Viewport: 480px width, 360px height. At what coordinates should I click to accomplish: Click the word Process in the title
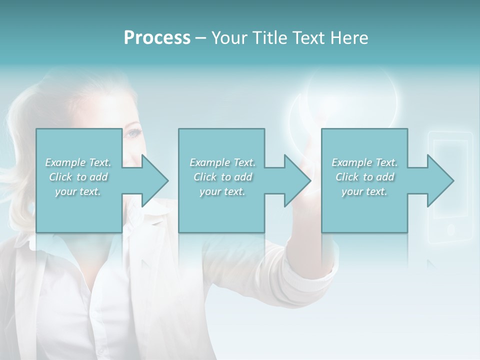coord(157,38)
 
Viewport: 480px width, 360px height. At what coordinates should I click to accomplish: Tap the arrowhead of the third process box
coord(440,180)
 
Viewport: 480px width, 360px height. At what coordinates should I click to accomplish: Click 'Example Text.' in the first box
coord(78,162)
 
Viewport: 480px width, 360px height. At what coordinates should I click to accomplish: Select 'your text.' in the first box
coord(78,191)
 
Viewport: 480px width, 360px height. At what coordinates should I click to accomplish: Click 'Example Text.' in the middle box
coord(222,162)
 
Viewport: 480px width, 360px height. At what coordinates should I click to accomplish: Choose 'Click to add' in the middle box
coord(222,177)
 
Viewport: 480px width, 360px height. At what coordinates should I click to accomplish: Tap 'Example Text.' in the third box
coord(364,162)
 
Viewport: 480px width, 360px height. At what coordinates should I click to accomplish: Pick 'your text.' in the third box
coord(364,191)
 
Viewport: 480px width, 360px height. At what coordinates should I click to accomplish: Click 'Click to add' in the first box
coord(78,177)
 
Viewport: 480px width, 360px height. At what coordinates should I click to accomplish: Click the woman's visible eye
coord(132,134)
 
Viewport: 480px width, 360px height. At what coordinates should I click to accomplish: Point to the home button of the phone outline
coord(450,229)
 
